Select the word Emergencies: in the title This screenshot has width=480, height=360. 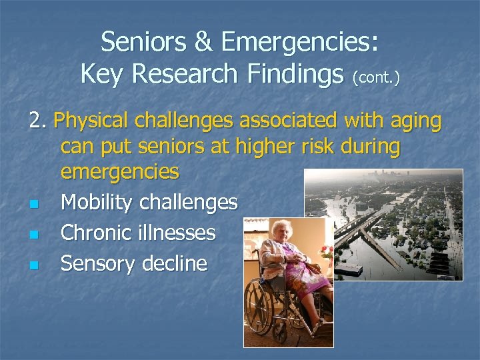click(300, 43)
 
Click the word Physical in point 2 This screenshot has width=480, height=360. click(92, 122)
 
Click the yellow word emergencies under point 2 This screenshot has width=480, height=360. click(119, 171)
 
